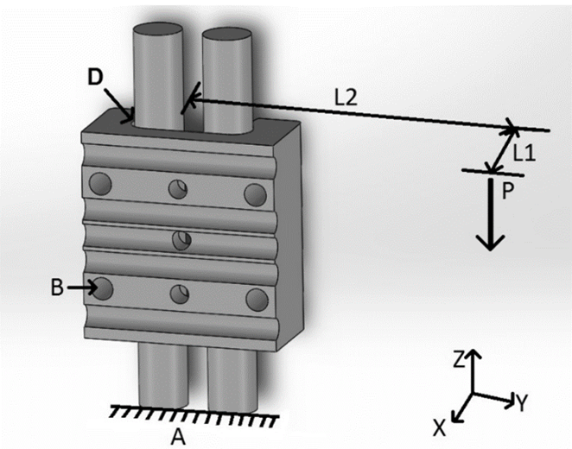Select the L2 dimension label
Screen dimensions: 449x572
tap(346, 98)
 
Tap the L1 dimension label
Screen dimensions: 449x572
tap(525, 154)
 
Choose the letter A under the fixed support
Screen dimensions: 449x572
tap(178, 437)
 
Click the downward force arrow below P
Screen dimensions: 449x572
tap(491, 224)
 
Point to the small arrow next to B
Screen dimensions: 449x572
tap(82, 287)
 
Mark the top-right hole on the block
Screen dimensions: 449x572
tap(254, 194)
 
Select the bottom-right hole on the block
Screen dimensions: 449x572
tap(257, 300)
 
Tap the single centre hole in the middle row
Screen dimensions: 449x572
tap(181, 241)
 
